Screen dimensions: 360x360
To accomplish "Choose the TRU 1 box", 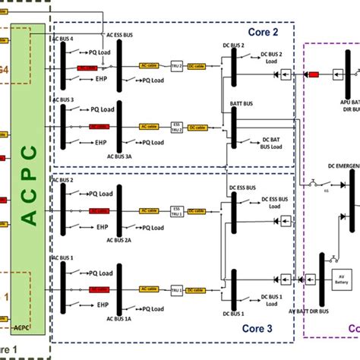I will point(177,289).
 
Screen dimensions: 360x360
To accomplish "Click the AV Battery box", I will point(336,279).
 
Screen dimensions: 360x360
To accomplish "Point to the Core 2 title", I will point(264,32).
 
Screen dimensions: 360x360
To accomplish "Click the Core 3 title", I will point(264,328).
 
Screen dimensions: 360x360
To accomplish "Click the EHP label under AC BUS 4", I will point(100,78).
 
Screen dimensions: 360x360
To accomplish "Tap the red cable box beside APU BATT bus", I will point(311,74).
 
